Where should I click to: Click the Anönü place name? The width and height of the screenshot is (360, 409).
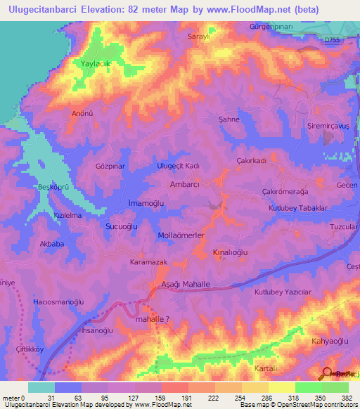[83, 112]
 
